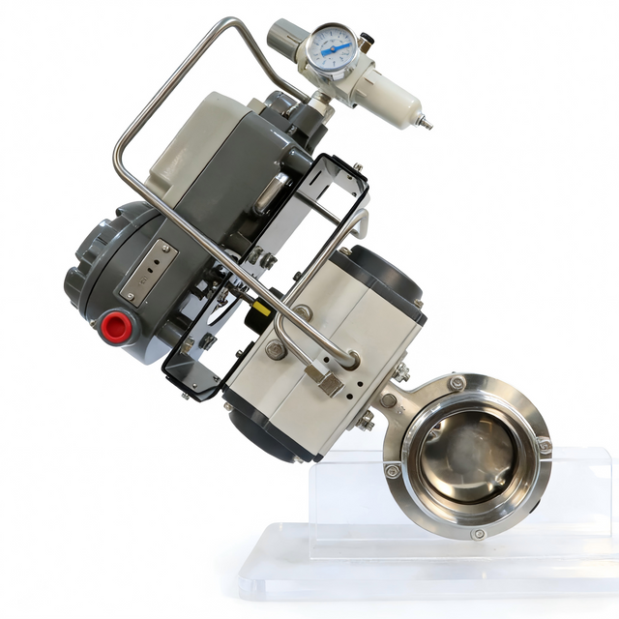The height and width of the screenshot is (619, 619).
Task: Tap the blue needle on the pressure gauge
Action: point(338,47)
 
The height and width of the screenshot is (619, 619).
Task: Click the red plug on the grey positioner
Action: point(116,327)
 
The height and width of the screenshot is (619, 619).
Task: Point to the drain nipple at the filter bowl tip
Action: point(424,123)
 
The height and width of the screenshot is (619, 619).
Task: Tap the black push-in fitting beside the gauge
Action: point(366,43)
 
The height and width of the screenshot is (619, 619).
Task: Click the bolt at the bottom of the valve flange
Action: point(478,533)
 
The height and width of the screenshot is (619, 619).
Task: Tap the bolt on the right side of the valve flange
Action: point(544,446)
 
